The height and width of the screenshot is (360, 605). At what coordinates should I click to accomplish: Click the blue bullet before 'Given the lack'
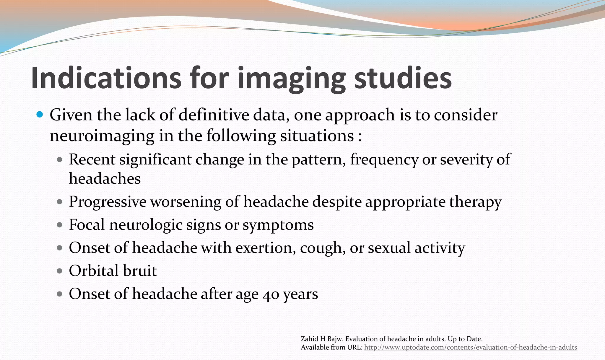pyautogui.click(x=40, y=114)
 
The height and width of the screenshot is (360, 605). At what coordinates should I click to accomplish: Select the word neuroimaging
pyautogui.click(x=102, y=136)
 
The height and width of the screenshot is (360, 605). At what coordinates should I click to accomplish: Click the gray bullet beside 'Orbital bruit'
pyautogui.click(x=60, y=271)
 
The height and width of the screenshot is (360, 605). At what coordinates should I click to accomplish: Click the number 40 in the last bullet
pyautogui.click(x=271, y=294)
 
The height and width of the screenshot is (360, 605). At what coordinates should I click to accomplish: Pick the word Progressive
pyautogui.click(x=108, y=202)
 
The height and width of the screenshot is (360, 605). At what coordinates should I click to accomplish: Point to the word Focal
pyautogui.click(x=87, y=225)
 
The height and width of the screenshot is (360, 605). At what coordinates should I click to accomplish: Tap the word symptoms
pyautogui.click(x=278, y=225)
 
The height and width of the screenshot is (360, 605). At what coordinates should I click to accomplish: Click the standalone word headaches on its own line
pyautogui.click(x=105, y=179)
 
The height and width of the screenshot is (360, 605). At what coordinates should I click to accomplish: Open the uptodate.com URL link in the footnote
pyautogui.click(x=470, y=347)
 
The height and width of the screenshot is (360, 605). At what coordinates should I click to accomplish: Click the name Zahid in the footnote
pyautogui.click(x=308, y=339)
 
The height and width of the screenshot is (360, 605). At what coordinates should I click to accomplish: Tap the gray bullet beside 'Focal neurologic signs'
pyautogui.click(x=60, y=225)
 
